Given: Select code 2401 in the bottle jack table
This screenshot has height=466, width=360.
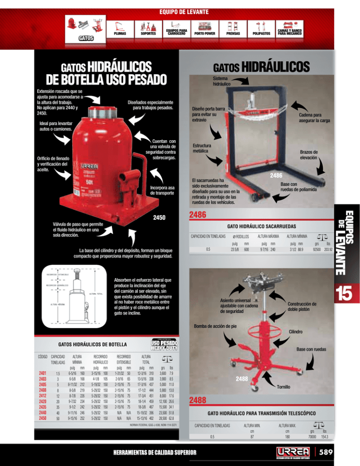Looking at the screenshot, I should [x=43, y=373].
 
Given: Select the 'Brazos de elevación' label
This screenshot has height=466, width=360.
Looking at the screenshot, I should [x=308, y=155].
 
